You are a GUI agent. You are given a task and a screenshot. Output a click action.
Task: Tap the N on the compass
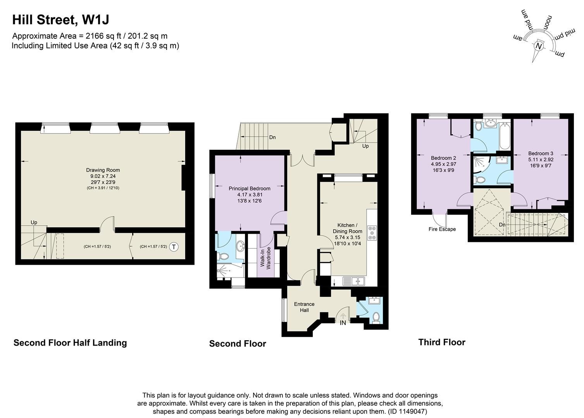click(x=539, y=46)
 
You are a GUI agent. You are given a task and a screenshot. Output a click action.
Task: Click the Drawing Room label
click(x=103, y=170)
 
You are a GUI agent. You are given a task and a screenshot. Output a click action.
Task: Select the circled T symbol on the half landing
click(x=174, y=247)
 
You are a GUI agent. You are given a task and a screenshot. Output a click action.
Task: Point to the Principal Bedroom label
click(x=249, y=188)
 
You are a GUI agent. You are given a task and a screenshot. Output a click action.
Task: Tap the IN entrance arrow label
click(x=343, y=323)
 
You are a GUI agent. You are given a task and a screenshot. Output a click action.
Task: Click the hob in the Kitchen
click(x=372, y=233)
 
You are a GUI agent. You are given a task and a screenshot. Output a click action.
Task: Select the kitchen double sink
click(x=353, y=281)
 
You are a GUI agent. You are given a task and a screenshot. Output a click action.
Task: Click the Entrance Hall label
click(x=304, y=307)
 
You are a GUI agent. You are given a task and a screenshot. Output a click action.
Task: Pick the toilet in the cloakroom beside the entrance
click(x=375, y=317)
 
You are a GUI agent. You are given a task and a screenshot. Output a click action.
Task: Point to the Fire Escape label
click(x=442, y=229)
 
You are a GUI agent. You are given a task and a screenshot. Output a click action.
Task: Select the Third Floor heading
click(x=442, y=342)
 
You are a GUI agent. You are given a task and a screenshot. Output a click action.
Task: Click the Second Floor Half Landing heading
click(x=70, y=343)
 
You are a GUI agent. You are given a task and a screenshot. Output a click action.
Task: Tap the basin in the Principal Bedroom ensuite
click(x=240, y=245)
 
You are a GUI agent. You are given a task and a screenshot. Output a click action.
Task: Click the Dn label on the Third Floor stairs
click(x=502, y=224)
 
